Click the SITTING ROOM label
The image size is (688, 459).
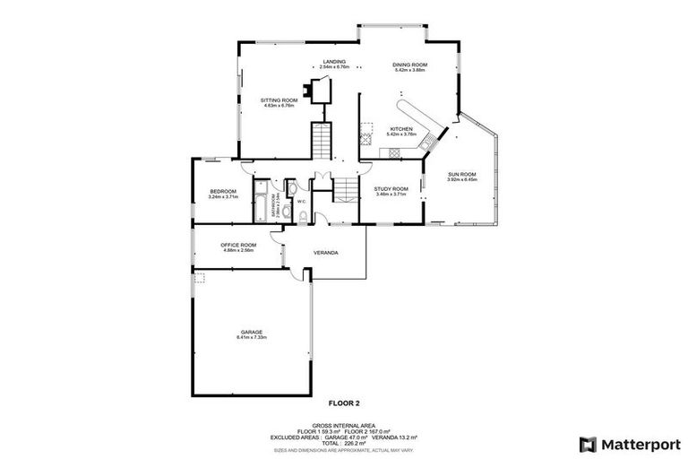pyautogui.click(x=279, y=100)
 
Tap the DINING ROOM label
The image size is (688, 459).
pyautogui.click(x=411, y=65)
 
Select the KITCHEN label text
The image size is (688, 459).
pyautogui.click(x=400, y=129)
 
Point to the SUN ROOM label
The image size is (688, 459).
pyautogui.click(x=462, y=174)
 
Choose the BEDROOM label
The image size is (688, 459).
pyautogui.click(x=223, y=191)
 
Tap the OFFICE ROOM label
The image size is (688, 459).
pyautogui.click(x=238, y=245)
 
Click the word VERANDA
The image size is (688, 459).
pyautogui.click(x=325, y=253)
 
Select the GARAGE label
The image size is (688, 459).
pyautogui.click(x=252, y=332)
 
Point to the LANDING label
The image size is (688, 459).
pyautogui.click(x=334, y=62)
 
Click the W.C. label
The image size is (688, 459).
pyautogui.click(x=302, y=202)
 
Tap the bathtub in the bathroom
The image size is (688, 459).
pyautogui.click(x=261, y=205)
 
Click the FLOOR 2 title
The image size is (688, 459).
pyautogui.click(x=343, y=403)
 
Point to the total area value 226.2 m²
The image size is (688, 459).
pyautogui.click(x=356, y=443)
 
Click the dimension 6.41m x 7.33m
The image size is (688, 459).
pyautogui.click(x=252, y=337)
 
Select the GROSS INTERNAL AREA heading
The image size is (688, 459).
pyautogui.click(x=343, y=425)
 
